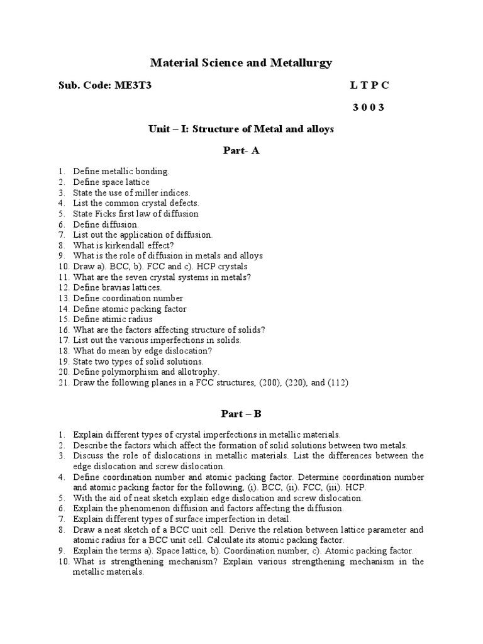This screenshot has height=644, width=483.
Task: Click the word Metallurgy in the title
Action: pyautogui.click(x=297, y=63)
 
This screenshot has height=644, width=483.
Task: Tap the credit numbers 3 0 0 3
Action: pyautogui.click(x=368, y=108)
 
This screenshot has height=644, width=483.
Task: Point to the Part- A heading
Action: pyautogui.click(x=241, y=151)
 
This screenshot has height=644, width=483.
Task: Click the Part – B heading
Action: pyautogui.click(x=241, y=414)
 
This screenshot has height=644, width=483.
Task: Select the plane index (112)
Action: pyautogui.click(x=336, y=383)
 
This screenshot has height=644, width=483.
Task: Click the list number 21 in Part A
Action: pyautogui.click(x=62, y=383)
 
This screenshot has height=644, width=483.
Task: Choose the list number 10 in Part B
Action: pyautogui.click(x=62, y=562)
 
